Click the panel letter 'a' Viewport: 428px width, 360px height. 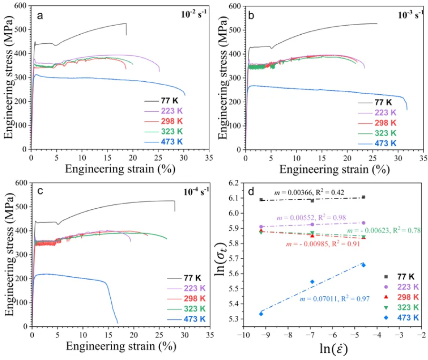[40, 15]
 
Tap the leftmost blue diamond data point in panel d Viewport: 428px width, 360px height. [261, 313]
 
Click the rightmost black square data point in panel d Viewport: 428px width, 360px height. [363, 197]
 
